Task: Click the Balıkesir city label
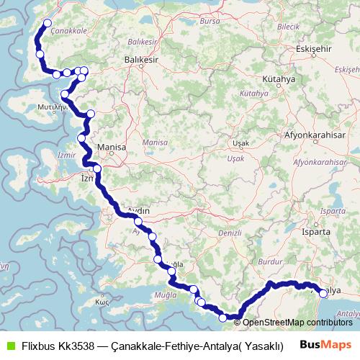pyautogui.click(x=141, y=59)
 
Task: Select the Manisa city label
pyautogui.click(x=112, y=148)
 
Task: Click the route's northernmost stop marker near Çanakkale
pyautogui.click(x=48, y=23)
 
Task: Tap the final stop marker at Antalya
pyautogui.click(x=323, y=293)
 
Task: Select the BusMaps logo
pyautogui.click(x=326, y=344)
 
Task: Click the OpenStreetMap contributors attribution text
pyautogui.click(x=297, y=322)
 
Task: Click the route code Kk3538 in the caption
pyautogui.click(x=79, y=344)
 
